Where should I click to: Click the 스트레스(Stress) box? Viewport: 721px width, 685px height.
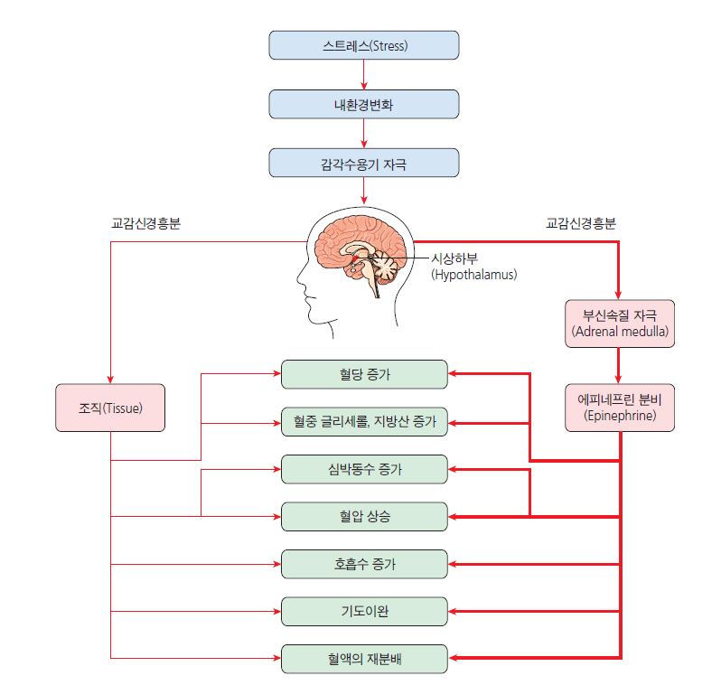click(363, 45)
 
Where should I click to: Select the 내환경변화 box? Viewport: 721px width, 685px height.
click(363, 104)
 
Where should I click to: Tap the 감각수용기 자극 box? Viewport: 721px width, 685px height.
click(363, 163)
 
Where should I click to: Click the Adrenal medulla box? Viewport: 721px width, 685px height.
click(619, 324)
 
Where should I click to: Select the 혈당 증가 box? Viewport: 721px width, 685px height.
click(364, 373)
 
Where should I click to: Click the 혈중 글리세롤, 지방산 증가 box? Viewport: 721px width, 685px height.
click(364, 421)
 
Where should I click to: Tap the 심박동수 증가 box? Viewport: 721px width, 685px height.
click(364, 469)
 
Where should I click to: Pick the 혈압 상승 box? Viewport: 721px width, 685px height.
click(364, 516)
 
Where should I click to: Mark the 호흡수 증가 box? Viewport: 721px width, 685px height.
click(364, 564)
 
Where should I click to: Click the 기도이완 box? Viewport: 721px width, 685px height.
click(364, 611)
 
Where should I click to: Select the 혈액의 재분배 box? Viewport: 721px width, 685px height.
click(364, 658)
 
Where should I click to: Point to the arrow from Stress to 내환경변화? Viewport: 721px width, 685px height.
click(363, 74)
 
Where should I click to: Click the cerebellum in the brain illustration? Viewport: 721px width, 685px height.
click(387, 267)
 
